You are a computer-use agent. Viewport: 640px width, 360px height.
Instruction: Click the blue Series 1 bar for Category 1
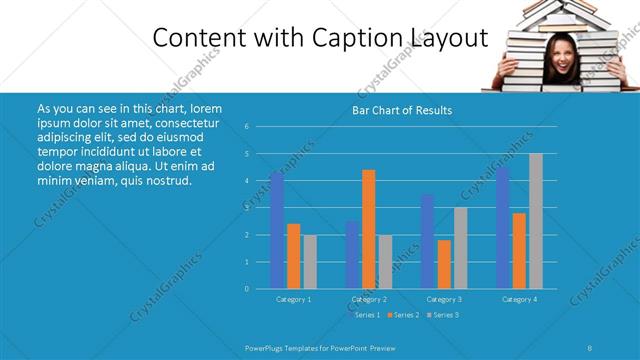pos(277,231)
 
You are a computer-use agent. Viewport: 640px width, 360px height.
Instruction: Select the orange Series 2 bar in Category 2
pos(369,229)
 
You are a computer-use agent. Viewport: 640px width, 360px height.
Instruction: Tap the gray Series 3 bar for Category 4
pos(536,221)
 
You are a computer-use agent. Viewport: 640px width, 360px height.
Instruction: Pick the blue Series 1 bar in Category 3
pos(427,241)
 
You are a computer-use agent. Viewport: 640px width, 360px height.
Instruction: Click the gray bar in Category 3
pos(460,248)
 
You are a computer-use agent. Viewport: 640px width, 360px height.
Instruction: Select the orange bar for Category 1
pos(293,256)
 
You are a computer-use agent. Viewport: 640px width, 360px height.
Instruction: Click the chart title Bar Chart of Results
pos(403,110)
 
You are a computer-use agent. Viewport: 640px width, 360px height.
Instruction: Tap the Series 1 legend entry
pos(366,315)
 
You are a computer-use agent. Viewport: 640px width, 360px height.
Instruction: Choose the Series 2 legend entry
pos(406,315)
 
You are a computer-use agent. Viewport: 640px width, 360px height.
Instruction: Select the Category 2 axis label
pos(369,299)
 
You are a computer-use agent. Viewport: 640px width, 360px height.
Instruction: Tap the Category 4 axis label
pos(519,299)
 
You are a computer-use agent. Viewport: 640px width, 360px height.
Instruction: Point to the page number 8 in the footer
pos(590,347)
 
